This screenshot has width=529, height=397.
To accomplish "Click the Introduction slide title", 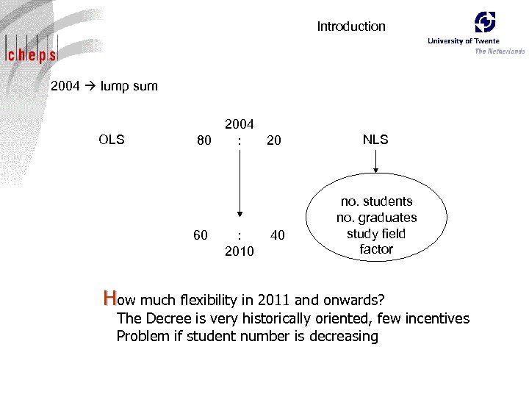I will pos(350,26).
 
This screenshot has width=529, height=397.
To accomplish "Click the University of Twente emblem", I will pos(485,22).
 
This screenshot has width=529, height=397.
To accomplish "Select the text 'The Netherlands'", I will pos(500,51).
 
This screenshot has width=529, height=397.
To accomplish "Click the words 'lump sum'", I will pos(129,86).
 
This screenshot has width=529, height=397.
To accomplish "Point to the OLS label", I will pos(111,140).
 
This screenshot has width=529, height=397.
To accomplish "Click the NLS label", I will pos(375,140).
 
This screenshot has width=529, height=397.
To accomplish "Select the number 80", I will pos(204,140).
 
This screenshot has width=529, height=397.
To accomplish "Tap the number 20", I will pos(273,140).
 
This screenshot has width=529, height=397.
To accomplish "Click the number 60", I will pos(200,235).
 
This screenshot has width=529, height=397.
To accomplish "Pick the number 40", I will pos(278,235).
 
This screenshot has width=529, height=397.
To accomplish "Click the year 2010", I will pos(239,252).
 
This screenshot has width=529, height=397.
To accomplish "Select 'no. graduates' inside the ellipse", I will pos(376,218).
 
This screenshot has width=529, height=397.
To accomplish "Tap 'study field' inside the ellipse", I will pos(376,234).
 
